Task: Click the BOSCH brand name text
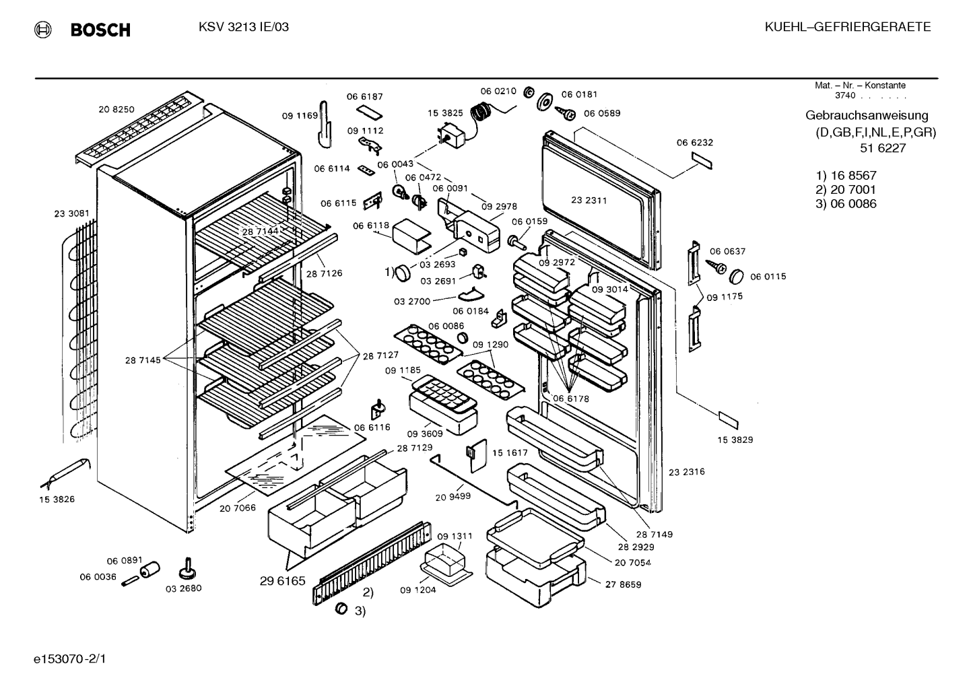pos(100,30)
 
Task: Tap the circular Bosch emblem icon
pos(42,30)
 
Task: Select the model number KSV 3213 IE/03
pos(244,27)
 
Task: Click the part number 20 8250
pos(116,110)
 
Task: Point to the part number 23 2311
pos(589,200)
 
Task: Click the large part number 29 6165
pos(283,581)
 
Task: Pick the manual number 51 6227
pos(883,148)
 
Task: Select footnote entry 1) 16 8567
pos(846,176)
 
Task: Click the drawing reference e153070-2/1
pos(70,659)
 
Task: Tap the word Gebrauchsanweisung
pos(867,115)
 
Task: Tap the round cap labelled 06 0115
pos(737,277)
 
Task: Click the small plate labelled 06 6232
pos(702,160)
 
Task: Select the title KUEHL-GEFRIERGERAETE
pos(848,27)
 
